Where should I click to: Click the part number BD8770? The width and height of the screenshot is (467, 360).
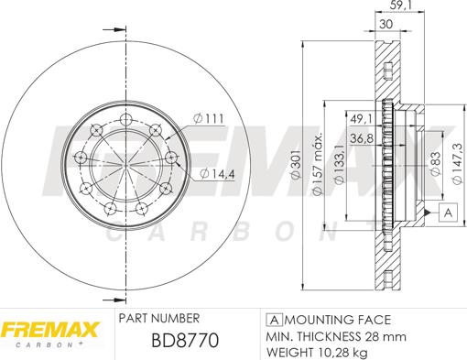[185, 340]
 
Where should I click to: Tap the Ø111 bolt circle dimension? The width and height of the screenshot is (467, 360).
[209, 118]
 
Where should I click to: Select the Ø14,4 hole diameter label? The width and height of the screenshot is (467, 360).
[217, 174]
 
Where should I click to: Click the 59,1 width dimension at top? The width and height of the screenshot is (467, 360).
[400, 5]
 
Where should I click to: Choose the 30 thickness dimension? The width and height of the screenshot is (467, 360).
[386, 24]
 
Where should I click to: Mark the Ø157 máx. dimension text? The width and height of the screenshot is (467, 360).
[317, 164]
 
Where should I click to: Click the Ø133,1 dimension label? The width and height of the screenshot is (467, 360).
[340, 164]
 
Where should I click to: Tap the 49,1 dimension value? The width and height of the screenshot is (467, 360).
[361, 119]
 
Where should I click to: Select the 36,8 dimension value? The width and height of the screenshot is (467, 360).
[362, 138]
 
